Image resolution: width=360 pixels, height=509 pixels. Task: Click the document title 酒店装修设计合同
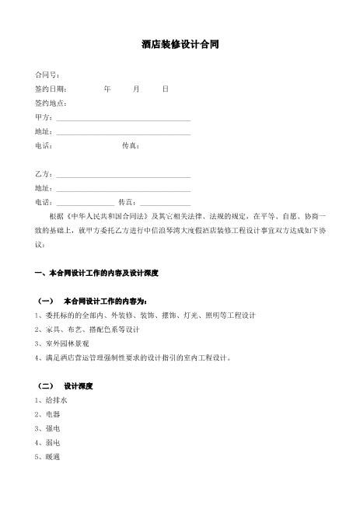tap(180, 44)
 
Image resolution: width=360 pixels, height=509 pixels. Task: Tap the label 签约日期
tap(51, 89)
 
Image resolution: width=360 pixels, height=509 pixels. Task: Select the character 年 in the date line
tap(107, 89)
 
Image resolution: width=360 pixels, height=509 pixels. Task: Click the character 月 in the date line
tap(136, 89)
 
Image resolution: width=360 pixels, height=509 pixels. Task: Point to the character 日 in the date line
tap(165, 89)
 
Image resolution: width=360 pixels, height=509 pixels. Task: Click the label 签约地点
tap(51, 103)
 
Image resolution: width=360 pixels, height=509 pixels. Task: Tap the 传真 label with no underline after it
tap(131, 146)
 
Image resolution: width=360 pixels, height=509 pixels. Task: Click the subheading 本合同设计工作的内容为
tap(104, 301)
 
